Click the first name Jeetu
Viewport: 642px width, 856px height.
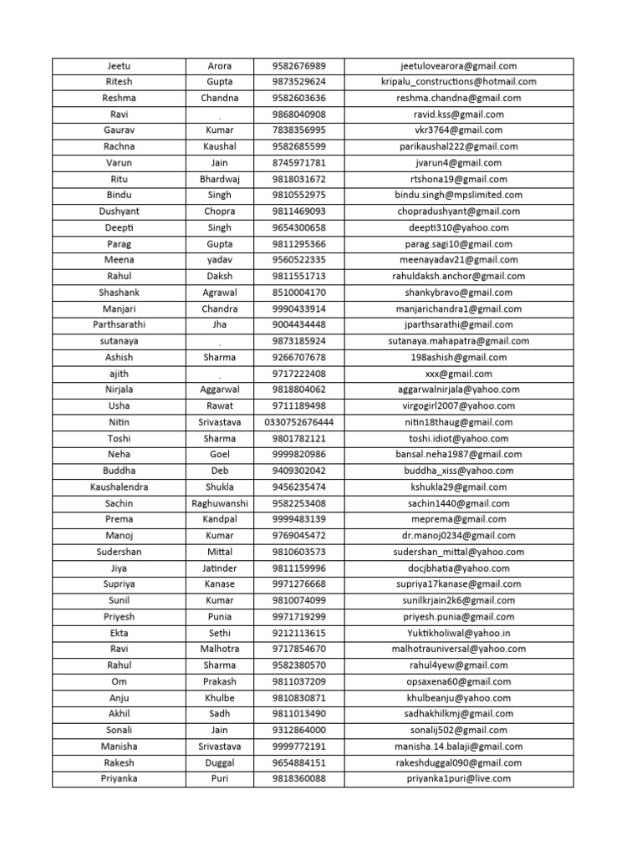[x=119, y=66]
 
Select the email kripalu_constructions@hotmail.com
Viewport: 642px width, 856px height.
[x=458, y=82]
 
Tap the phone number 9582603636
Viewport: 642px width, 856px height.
[x=298, y=98]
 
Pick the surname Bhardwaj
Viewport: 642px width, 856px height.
[x=219, y=179]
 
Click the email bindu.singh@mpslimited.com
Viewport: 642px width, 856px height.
[x=458, y=195]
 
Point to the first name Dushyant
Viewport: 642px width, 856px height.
[x=119, y=211]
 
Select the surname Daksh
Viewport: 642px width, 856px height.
[x=219, y=276]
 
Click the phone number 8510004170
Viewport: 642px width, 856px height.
[x=298, y=293]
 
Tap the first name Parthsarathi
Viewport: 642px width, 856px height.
[x=119, y=324]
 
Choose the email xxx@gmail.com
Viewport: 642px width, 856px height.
[x=458, y=374]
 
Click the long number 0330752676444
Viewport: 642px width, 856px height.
[x=298, y=422]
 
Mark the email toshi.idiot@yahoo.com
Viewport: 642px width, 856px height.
[x=458, y=438]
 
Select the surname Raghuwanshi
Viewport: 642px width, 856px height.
[x=219, y=503]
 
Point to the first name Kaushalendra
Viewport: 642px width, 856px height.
[x=119, y=487]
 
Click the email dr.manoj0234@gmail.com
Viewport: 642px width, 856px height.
[x=458, y=536]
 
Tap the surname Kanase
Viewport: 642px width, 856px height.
[x=219, y=584]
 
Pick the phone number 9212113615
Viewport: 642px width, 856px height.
[x=298, y=633]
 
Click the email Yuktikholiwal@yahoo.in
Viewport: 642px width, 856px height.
[x=458, y=633]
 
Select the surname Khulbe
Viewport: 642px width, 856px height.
[x=219, y=698]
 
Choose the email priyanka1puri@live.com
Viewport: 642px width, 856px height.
[x=458, y=779]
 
